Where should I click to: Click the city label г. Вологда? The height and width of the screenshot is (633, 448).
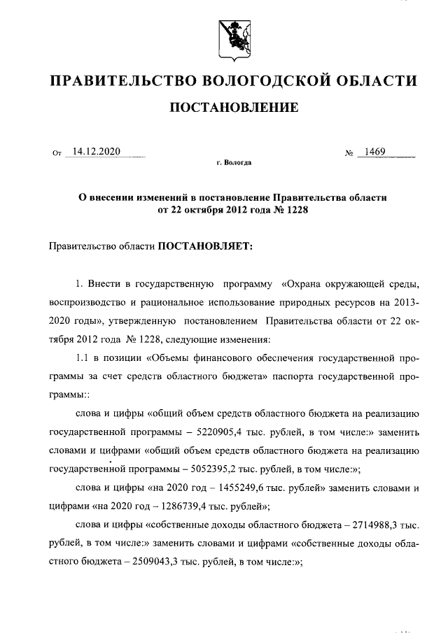coord(234,163)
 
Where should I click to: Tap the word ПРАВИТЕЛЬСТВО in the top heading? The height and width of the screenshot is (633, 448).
coord(118,82)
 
